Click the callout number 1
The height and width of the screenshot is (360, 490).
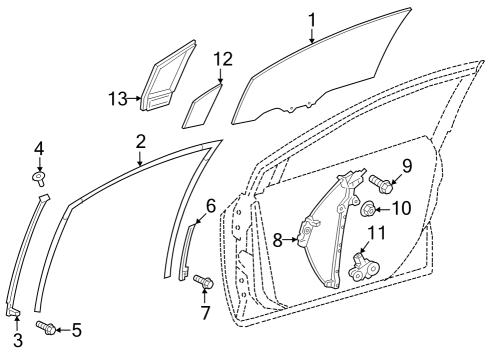(311, 19)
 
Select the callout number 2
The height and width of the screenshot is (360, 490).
(141, 142)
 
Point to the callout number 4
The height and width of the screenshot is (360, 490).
(39, 150)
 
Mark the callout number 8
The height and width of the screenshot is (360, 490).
(279, 240)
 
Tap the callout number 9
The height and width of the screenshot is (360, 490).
(406, 165)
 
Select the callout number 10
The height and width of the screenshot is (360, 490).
(403, 209)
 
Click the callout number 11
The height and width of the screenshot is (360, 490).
(376, 235)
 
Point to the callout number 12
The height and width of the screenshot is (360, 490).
(222, 60)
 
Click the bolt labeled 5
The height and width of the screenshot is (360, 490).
(44, 326)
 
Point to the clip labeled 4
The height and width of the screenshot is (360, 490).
(40, 179)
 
